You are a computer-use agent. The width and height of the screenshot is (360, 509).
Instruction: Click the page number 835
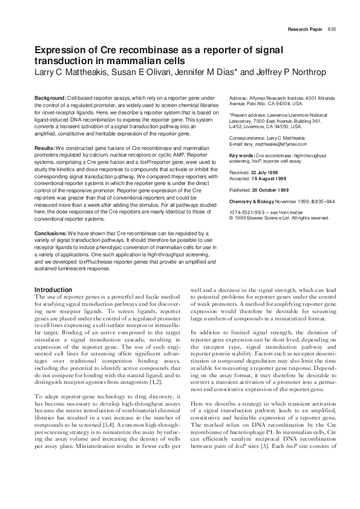click(x=332, y=29)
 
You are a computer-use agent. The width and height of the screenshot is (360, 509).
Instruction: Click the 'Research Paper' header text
click(x=306, y=29)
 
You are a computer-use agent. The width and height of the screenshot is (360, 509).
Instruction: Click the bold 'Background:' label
click(x=50, y=98)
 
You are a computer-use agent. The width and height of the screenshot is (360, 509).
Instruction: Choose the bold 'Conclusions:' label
click(x=51, y=232)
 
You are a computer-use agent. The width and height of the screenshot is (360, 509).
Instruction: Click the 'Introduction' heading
click(x=53, y=290)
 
